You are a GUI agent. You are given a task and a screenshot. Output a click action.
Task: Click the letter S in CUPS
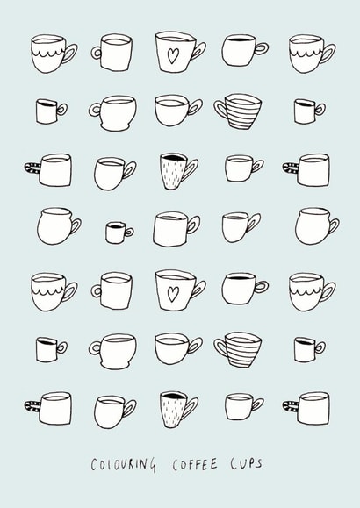259,464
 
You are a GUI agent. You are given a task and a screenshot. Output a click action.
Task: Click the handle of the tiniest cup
129,233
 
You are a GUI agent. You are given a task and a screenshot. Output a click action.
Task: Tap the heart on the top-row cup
174,57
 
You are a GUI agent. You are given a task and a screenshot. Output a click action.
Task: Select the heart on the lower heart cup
174,292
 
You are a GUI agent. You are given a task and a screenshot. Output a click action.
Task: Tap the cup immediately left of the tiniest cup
53,225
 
